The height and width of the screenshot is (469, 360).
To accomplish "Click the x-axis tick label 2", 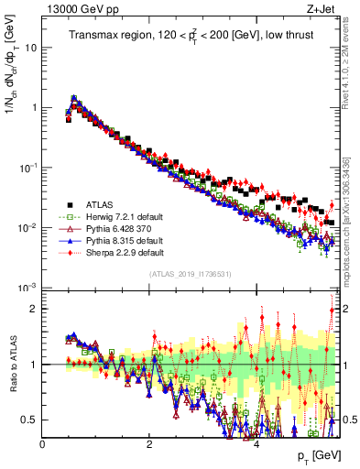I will coord(149,443).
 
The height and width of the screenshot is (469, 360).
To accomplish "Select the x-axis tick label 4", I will coord(256,443).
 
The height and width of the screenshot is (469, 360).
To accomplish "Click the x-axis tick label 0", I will coord(43,443).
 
